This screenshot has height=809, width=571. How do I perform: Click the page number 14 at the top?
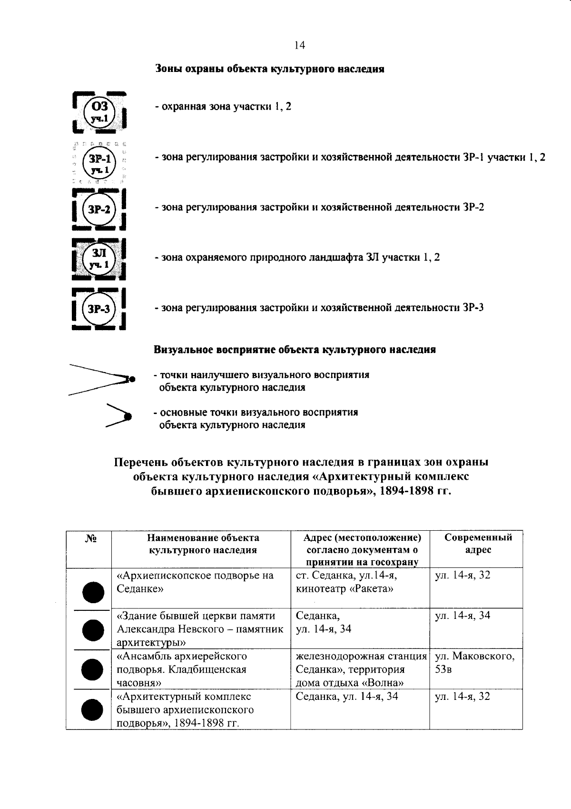coord(300,45)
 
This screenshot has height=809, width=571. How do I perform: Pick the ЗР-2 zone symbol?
coord(99,209)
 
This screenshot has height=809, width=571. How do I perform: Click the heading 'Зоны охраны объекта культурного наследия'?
coord(270,69)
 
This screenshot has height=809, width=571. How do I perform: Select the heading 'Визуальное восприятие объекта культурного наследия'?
coord(295,350)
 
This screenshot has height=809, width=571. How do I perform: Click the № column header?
coord(89,539)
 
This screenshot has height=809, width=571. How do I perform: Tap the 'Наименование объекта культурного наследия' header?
coord(203,544)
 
